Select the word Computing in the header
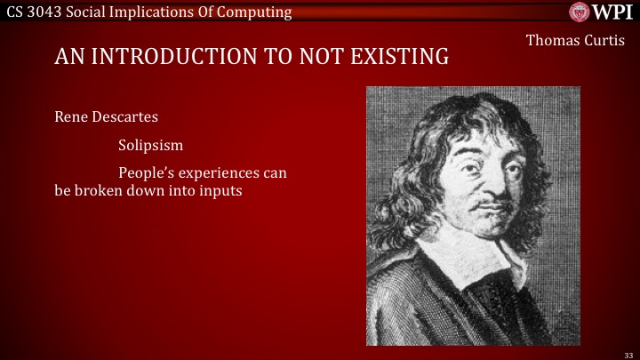tap(258, 12)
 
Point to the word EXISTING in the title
tap(398, 58)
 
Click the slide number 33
tap(628, 353)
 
